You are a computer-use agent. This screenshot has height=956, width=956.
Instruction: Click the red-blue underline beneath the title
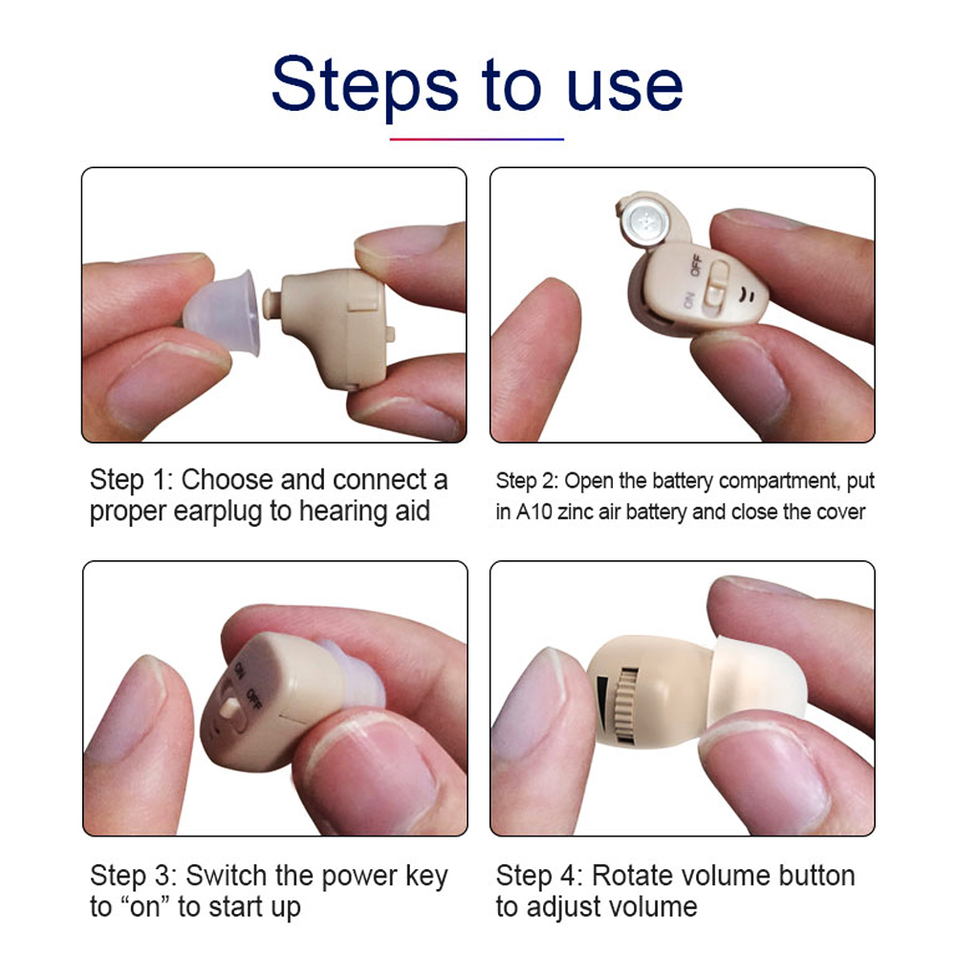[x=477, y=139]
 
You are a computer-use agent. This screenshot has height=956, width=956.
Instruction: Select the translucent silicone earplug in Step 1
[x=223, y=313]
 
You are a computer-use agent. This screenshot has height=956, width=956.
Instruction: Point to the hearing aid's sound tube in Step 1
[x=272, y=304]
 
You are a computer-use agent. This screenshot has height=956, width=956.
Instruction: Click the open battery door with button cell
[x=650, y=220]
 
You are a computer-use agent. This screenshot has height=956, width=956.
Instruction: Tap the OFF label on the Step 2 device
[x=696, y=265]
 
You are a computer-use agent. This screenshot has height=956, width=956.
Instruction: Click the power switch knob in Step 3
[x=229, y=707]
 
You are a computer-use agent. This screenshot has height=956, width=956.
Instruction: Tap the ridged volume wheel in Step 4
[x=625, y=705]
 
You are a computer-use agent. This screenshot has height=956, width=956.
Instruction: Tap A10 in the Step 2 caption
[x=534, y=511]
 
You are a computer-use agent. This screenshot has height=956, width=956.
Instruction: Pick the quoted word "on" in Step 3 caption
[x=145, y=906]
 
